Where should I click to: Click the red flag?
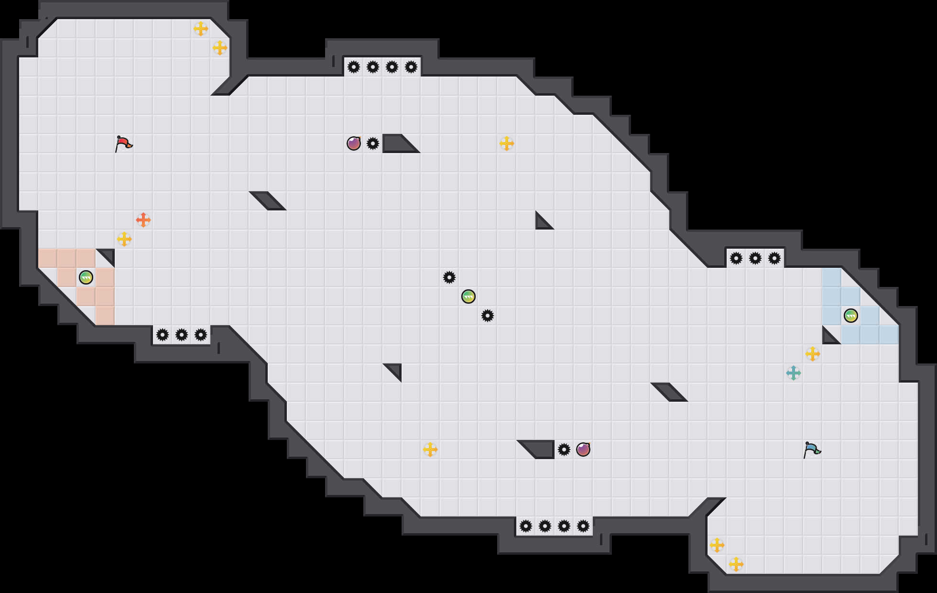click(123, 143)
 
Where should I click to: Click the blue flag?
click(812, 450)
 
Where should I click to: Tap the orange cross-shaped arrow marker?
click(143, 220)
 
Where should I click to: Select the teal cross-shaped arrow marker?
click(794, 373)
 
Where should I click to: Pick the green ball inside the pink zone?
click(86, 277)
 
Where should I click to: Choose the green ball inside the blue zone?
click(851, 316)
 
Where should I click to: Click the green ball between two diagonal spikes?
click(468, 296)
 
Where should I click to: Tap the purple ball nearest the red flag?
click(354, 143)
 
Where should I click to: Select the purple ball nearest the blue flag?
click(583, 450)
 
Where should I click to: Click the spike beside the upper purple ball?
click(373, 143)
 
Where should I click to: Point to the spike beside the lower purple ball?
click(564, 450)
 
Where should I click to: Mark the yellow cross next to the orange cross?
click(124, 239)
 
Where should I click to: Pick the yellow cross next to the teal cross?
click(813, 354)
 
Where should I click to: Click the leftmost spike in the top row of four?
click(354, 67)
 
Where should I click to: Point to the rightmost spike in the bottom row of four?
click(583, 526)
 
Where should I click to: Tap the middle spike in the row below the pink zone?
click(182, 335)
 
